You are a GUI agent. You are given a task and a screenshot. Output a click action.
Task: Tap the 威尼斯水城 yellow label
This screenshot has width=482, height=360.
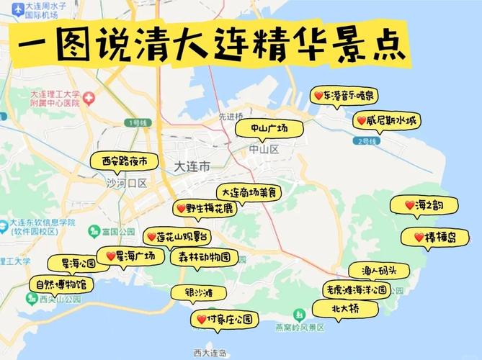[385, 121]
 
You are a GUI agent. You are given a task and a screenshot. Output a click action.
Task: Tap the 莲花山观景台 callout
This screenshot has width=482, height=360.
[181, 236]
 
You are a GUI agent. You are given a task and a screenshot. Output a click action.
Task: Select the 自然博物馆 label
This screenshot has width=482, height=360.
[61, 284]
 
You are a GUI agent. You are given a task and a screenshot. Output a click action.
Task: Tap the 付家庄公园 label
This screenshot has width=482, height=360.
[224, 318]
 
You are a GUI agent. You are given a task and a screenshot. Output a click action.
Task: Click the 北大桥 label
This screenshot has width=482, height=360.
[344, 308]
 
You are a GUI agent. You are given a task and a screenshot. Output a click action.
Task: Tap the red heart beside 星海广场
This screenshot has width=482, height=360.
[111, 256]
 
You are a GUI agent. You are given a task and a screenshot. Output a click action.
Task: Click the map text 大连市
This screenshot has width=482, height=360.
[192, 166]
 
